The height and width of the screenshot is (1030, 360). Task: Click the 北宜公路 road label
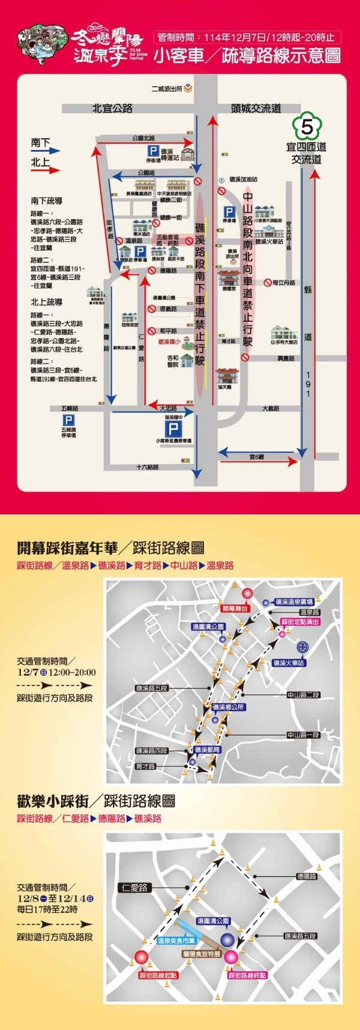(x=112, y=109)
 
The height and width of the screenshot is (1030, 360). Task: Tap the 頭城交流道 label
(x=256, y=109)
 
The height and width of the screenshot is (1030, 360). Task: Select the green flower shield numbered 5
(x=307, y=127)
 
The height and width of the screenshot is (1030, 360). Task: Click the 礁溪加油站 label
(x=243, y=179)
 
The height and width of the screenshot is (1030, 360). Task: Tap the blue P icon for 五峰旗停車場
(x=68, y=420)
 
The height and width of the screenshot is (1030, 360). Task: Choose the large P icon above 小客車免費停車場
(x=173, y=428)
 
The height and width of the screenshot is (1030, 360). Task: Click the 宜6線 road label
(x=257, y=457)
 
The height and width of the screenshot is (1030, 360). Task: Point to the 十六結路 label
(x=147, y=467)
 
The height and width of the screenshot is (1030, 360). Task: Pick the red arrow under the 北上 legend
(x=46, y=170)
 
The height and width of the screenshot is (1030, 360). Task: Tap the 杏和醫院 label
(x=173, y=361)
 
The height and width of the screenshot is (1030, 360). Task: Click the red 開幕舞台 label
(x=235, y=608)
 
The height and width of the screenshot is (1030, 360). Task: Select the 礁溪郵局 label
(x=208, y=750)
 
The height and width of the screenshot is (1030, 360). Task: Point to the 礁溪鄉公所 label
(x=228, y=707)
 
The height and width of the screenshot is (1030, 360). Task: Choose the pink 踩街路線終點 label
(x=247, y=975)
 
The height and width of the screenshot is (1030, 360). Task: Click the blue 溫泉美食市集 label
(x=176, y=941)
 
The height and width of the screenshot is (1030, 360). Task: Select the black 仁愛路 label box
(x=134, y=887)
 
